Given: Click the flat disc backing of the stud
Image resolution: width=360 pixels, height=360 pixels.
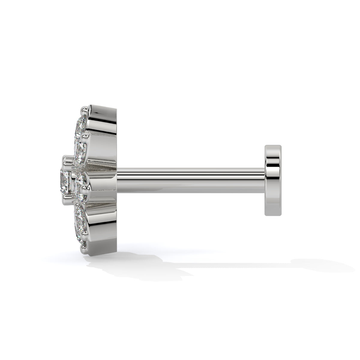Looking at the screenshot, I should point(273,180).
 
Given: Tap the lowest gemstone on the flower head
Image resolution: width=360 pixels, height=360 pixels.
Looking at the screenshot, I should point(80,234).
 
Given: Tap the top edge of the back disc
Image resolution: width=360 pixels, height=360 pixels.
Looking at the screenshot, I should point(273,146).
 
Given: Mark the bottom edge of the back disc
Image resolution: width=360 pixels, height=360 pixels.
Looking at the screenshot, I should point(273,215).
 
